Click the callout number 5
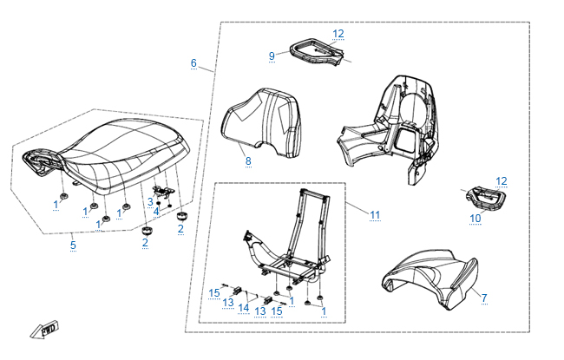pos(73,245)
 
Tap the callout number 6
pos(193,63)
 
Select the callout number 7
pos(484,298)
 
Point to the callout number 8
pos(247,160)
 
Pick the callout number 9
pos(272,56)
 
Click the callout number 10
pos(475,219)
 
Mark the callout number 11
pos(375,213)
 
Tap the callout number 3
pos(149,201)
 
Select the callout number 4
pos(156,211)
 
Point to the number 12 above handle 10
pos(502,180)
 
